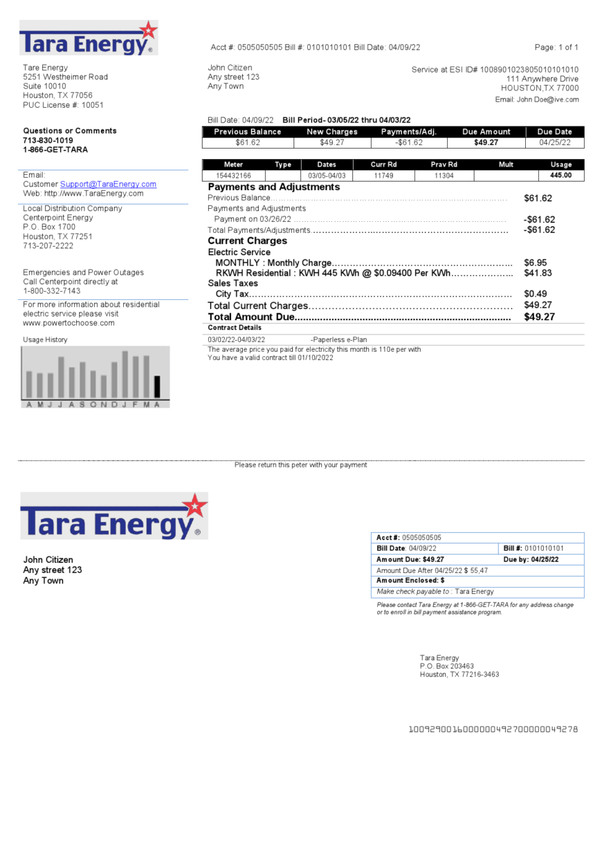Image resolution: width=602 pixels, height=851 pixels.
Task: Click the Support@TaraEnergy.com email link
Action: click(x=108, y=185)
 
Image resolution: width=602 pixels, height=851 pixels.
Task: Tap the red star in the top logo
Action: click(x=147, y=31)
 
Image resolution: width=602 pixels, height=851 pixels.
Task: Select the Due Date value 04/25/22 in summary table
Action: click(x=554, y=143)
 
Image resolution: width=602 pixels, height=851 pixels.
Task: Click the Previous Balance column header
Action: click(x=248, y=132)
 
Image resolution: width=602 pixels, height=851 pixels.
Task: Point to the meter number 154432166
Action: click(x=233, y=176)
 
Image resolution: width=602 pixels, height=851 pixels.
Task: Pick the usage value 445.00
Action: click(x=560, y=176)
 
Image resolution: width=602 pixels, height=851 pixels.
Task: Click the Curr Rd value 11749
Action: click(x=383, y=176)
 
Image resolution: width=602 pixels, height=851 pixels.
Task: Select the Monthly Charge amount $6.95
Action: click(x=535, y=263)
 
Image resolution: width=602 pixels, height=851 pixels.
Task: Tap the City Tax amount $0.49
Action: click(x=535, y=294)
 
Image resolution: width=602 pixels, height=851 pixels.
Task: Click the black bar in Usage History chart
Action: click(x=157, y=386)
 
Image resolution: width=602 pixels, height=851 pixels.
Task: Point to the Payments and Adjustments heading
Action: click(x=273, y=187)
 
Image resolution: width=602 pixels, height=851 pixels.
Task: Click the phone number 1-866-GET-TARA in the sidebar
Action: click(x=55, y=150)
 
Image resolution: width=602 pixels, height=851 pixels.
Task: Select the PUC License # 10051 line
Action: click(x=63, y=105)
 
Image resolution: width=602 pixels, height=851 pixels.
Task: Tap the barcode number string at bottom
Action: click(x=493, y=729)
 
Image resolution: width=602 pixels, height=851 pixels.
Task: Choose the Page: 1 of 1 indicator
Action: click(x=556, y=48)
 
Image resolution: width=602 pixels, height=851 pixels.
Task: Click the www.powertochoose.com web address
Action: click(x=69, y=324)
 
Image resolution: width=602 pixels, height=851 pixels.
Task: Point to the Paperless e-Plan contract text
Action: click(x=339, y=340)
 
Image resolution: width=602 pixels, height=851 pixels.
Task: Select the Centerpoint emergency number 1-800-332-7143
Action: click(x=52, y=291)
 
